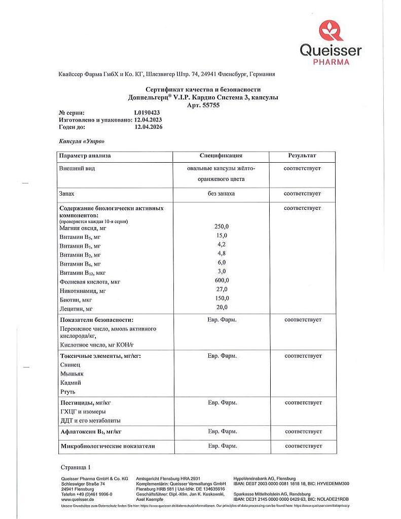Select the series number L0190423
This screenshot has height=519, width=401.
coord(147,113)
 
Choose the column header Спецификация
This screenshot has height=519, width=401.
coord(222,156)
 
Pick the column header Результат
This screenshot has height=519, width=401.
coord(302,156)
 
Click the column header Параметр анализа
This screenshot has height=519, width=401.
coord(85,156)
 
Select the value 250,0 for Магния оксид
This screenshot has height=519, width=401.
coord(222,226)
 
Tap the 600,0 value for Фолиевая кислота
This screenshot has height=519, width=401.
coord(222,280)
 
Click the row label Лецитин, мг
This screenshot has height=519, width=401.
coord(78,308)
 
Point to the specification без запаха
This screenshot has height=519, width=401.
coord(222,194)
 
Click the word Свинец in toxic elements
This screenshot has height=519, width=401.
coord(70,364)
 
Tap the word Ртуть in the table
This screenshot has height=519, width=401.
coord(68,392)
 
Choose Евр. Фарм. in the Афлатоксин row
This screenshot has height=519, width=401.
coord(222,431)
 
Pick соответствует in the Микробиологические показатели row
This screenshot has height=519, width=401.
coord(303,446)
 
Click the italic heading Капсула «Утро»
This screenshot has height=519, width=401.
coord(82,141)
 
